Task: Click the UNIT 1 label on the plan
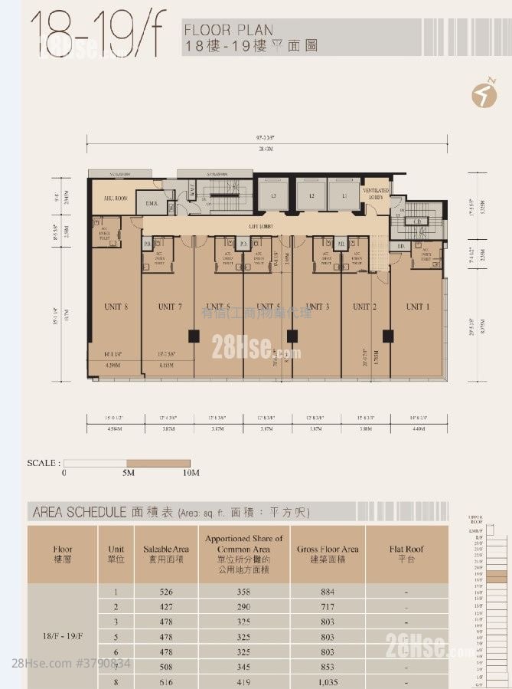(416, 307)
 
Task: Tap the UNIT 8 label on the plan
(116, 307)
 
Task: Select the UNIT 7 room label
(170, 307)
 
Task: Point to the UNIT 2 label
(361, 307)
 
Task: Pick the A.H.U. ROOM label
(115, 198)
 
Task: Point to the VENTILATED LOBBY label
(376, 193)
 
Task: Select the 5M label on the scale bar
(127, 474)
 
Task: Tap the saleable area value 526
(166, 591)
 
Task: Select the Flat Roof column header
(406, 554)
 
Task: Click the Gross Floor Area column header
(329, 554)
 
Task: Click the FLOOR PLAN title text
(229, 31)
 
